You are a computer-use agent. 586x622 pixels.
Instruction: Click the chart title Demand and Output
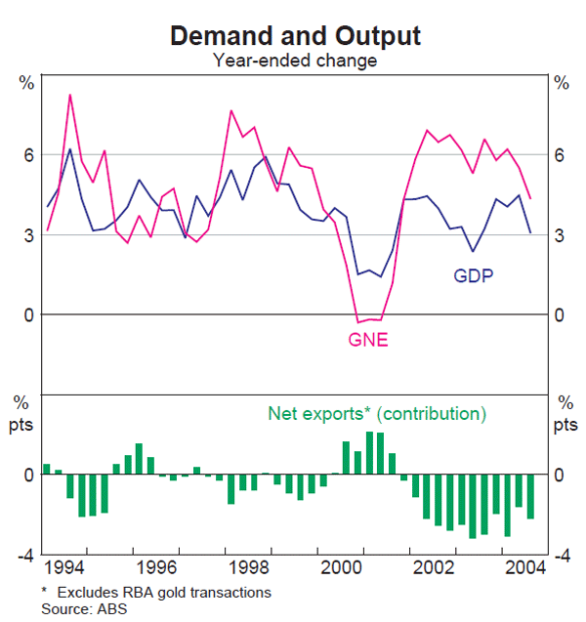pyautogui.click(x=295, y=36)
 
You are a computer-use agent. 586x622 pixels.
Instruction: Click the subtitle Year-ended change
pyautogui.click(x=295, y=61)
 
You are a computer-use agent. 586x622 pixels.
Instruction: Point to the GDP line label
pyautogui.click(x=473, y=275)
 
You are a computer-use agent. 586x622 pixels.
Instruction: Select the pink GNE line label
pyautogui.click(x=368, y=340)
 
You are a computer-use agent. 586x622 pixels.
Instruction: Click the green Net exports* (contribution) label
pyautogui.click(x=376, y=414)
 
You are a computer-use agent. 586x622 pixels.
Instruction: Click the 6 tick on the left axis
pyautogui.click(x=29, y=155)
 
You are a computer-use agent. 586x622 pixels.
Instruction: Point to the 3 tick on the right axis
pyautogui.click(x=560, y=235)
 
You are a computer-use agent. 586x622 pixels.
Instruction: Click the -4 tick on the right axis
pyautogui.click(x=563, y=556)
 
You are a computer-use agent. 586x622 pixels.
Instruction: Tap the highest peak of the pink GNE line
pyautogui.click(x=70, y=95)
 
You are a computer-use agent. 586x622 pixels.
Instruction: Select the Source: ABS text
pyautogui.click(x=84, y=608)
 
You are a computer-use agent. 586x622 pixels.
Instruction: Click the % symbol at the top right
pyautogui.click(x=562, y=82)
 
